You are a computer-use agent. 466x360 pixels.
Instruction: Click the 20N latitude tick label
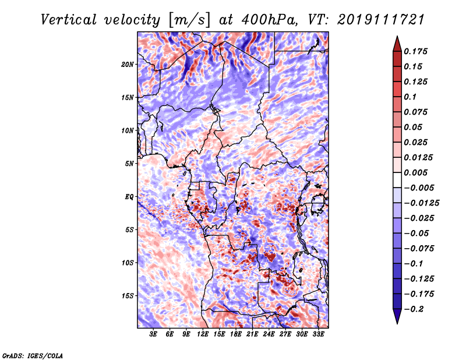coord(128,65)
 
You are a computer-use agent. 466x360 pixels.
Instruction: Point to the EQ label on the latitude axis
coord(129,197)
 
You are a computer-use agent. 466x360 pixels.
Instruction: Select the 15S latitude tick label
coord(128,296)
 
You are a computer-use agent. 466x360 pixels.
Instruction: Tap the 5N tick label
coord(129,164)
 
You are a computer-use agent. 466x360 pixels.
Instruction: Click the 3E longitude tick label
coord(153,334)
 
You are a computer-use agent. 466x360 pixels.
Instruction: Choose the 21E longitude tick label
coord(252,334)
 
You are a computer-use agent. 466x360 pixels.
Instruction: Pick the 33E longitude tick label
coord(318,334)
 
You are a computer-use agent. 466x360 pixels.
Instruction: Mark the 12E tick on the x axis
coord(203,334)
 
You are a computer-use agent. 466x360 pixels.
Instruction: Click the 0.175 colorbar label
coord(415,51)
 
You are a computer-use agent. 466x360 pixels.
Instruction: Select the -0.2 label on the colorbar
coord(414,309)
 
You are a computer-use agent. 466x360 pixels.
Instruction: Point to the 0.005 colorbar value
coord(415,172)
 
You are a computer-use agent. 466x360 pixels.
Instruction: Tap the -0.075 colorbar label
coord(419,249)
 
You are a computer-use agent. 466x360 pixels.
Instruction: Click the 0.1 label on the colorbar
coord(410,97)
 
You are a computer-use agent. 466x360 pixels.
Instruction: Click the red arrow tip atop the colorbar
coord(397,36)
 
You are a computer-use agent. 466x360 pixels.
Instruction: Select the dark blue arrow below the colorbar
coord(397,316)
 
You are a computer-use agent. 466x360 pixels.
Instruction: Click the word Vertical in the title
coord(69,20)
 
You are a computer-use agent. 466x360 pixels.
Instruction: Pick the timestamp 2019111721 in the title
coord(381,20)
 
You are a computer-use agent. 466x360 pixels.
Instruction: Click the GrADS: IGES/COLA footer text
coord(33,355)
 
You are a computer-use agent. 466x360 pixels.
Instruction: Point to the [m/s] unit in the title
coord(189,20)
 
